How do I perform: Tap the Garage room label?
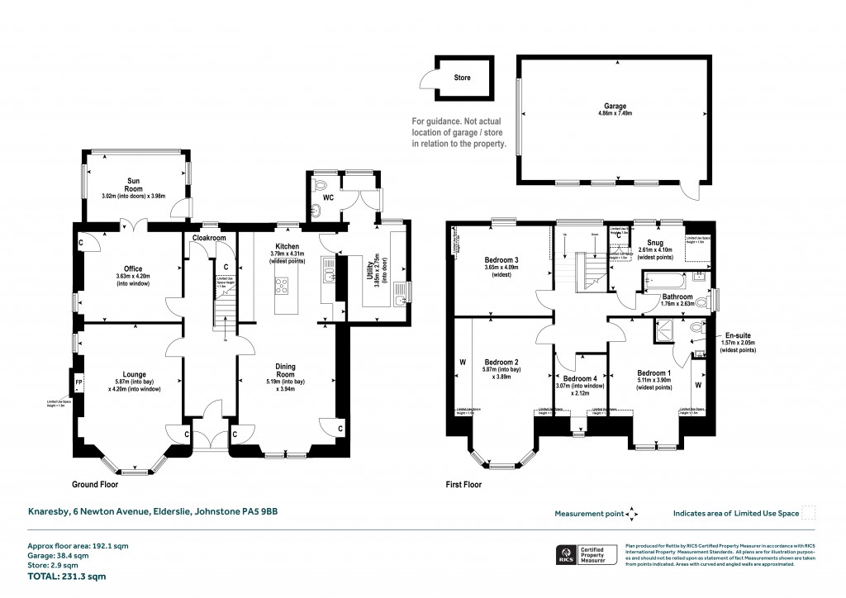(x=614, y=107)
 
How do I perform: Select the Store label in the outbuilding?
(x=463, y=78)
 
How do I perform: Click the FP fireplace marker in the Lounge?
(x=79, y=382)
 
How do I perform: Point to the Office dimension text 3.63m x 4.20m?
(x=133, y=277)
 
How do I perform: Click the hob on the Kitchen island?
(x=282, y=287)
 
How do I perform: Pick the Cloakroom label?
(x=208, y=238)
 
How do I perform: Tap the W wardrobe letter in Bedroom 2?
(x=461, y=361)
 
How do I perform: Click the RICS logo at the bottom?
(x=566, y=553)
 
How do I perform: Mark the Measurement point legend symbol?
(x=632, y=513)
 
